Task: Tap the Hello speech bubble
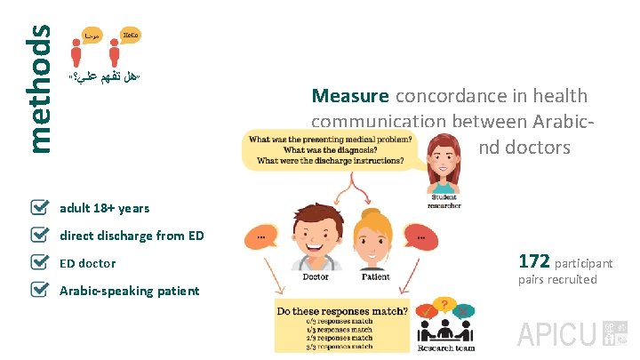tap(130, 35)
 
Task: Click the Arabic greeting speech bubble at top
tap(91, 35)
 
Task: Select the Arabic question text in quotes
tap(105, 77)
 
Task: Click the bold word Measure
tap(349, 96)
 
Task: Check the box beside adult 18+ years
tap(40, 208)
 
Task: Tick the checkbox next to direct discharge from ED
tap(40, 236)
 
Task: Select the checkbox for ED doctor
tap(40, 263)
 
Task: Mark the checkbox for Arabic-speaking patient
tap(40, 291)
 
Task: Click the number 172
tap(533, 261)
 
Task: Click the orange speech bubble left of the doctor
tap(265, 237)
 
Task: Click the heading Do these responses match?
tap(342, 312)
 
